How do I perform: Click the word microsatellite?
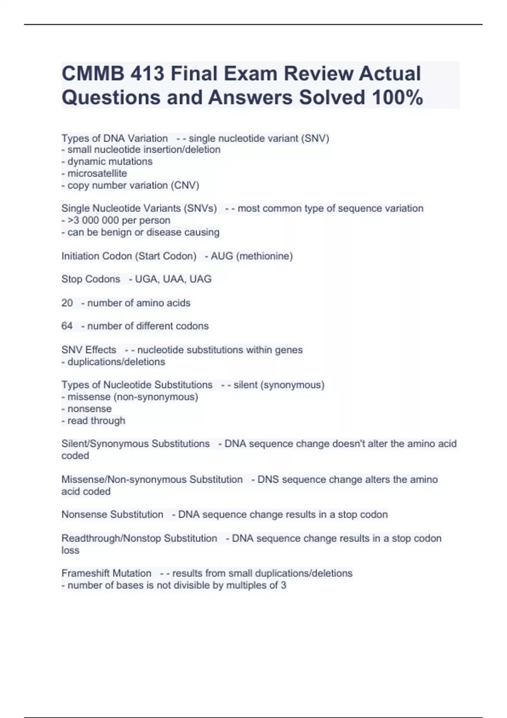(x=97, y=173)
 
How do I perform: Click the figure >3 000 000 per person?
(x=116, y=220)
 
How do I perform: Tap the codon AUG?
(x=222, y=256)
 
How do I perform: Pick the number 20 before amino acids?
(x=67, y=303)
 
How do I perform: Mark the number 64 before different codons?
(x=67, y=326)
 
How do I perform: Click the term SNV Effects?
(x=89, y=350)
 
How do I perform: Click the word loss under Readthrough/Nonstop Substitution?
(x=71, y=550)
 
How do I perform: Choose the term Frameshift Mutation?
(x=106, y=573)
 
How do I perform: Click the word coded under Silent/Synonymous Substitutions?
(x=75, y=455)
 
